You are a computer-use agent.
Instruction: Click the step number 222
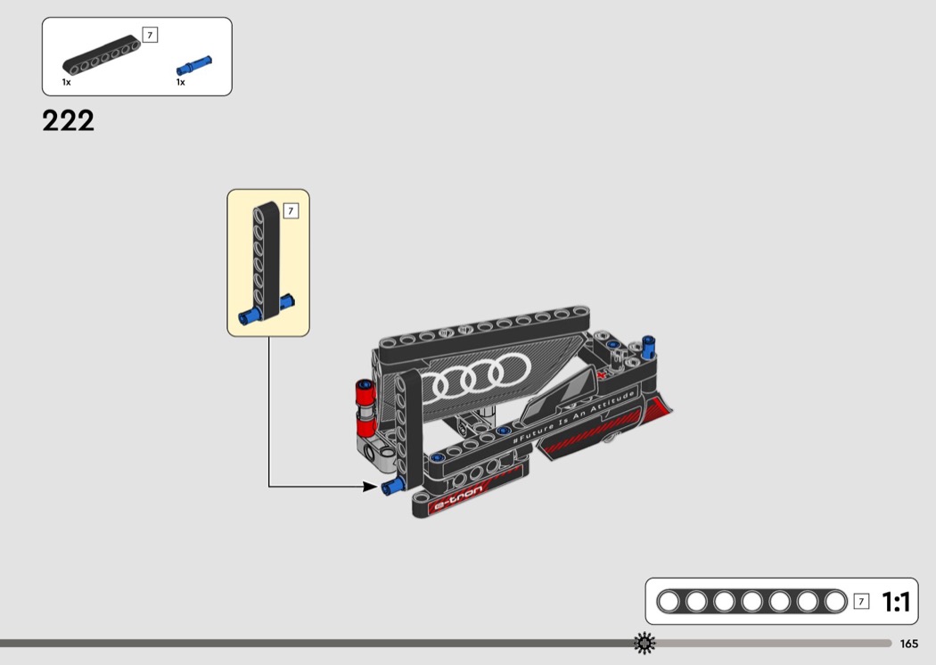tap(68, 120)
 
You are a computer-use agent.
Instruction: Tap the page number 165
tap(908, 644)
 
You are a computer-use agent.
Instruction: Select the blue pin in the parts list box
tap(194, 65)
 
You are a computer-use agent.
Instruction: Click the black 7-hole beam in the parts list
tap(102, 55)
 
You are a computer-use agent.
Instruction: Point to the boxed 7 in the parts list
tap(150, 36)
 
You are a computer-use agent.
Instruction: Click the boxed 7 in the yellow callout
tap(291, 210)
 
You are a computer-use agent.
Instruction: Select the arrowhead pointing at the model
tap(370, 487)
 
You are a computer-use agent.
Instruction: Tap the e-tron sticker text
tap(458, 500)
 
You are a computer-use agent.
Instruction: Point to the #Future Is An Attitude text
tap(574, 417)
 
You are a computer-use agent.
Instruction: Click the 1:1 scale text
tap(896, 602)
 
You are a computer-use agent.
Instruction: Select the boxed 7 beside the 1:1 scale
tap(861, 601)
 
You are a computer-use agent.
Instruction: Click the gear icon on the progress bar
tap(645, 643)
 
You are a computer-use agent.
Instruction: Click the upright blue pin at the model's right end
tap(649, 347)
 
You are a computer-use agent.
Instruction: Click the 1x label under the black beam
tap(66, 82)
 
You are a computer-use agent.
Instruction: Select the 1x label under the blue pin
tap(180, 82)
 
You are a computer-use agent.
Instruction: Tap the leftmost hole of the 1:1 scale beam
tap(669, 601)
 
